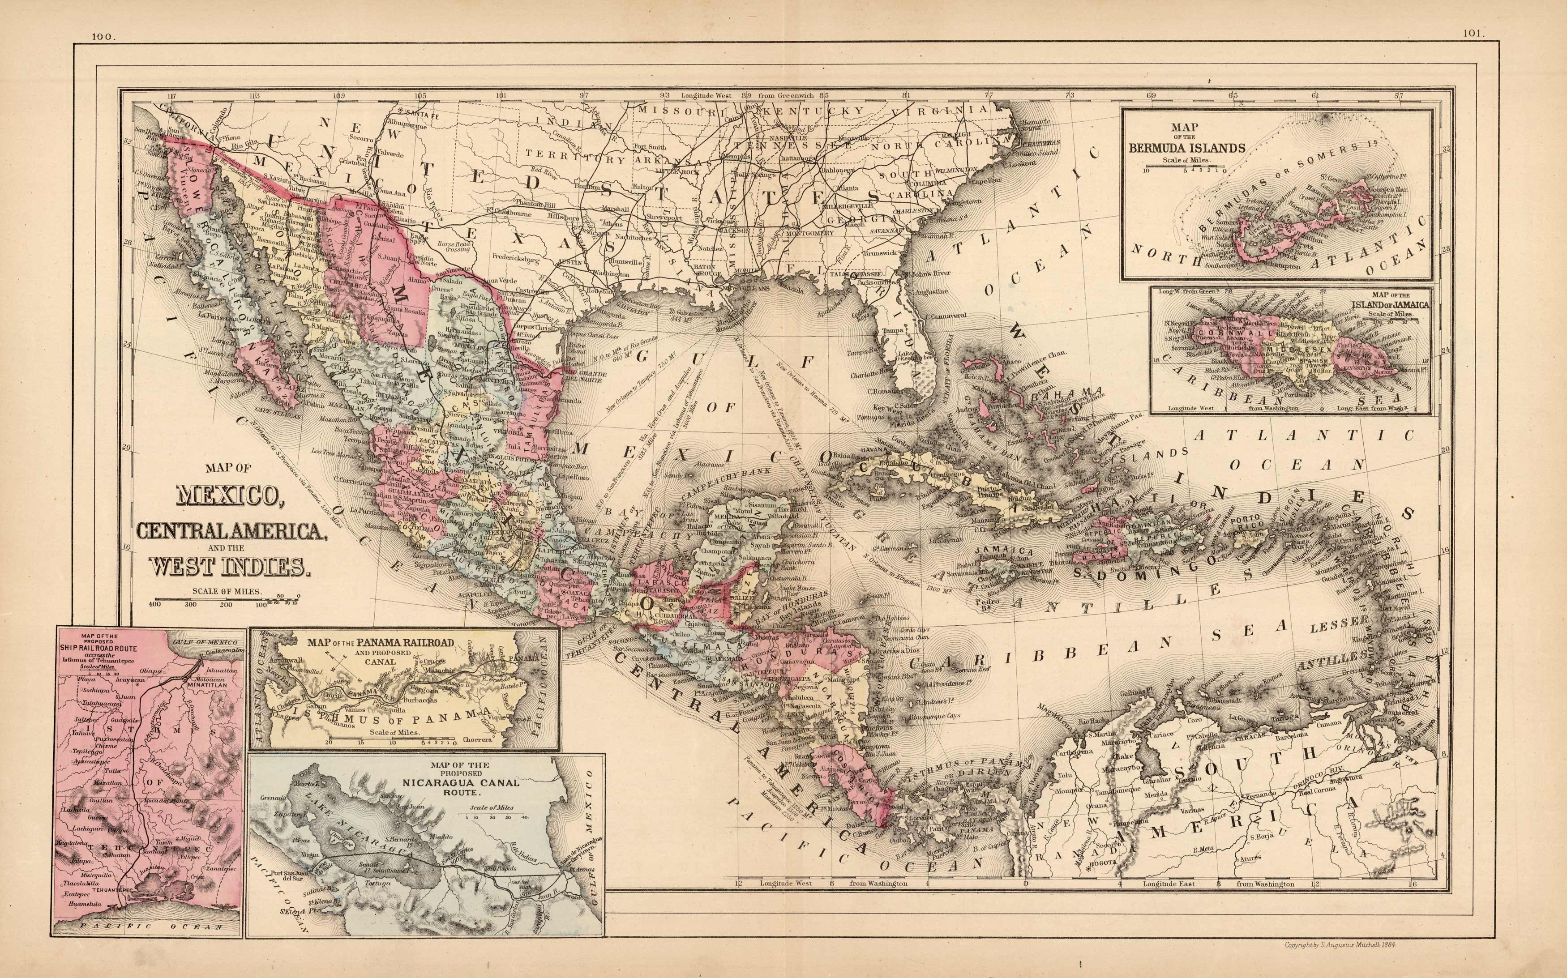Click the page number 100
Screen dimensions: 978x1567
(x=103, y=37)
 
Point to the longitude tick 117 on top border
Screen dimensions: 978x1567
(x=171, y=96)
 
